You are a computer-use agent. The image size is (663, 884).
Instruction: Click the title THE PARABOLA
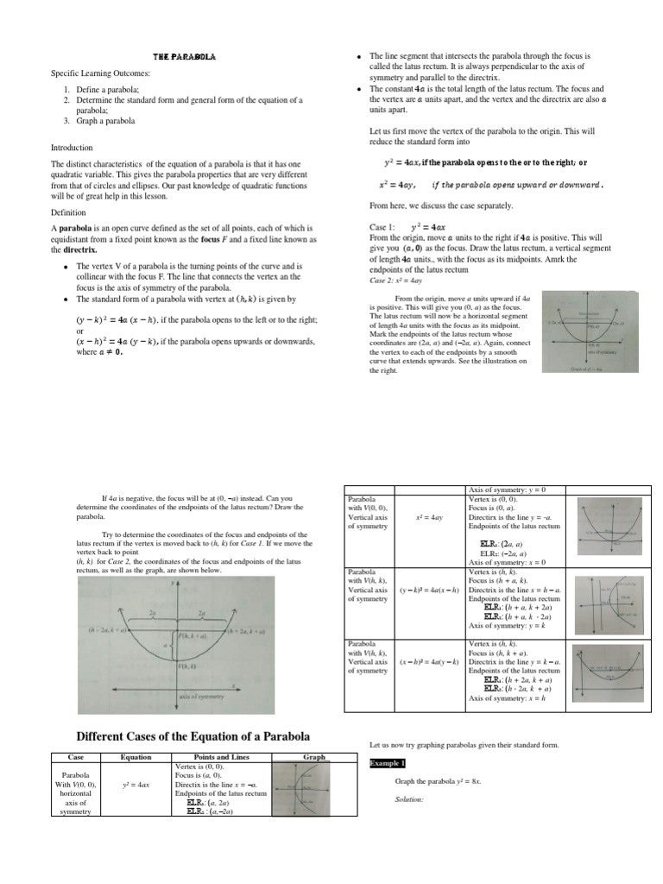point(184,57)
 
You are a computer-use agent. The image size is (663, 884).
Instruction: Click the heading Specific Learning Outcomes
point(101,74)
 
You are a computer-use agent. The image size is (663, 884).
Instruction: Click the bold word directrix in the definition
point(71,249)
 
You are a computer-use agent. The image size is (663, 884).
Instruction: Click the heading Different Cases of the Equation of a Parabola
point(193,736)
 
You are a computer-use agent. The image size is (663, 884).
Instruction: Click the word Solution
point(409,799)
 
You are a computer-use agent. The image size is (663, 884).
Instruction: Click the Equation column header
point(136,757)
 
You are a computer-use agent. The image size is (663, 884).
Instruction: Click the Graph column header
point(313,757)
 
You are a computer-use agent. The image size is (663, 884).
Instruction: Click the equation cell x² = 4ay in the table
point(428,517)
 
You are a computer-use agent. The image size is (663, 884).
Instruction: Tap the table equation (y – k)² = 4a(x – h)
point(429,590)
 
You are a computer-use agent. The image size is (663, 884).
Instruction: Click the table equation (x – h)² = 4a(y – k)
point(429,661)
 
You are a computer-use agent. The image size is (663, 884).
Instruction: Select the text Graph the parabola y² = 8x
point(438,780)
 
